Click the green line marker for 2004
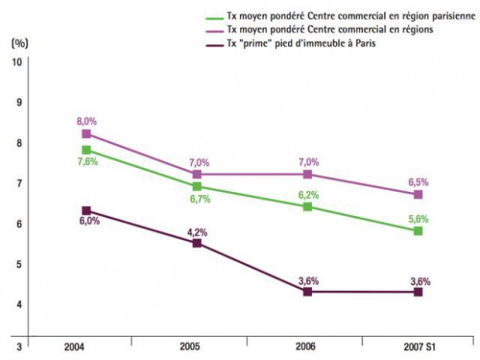pos(86,149)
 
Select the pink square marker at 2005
pos(197,174)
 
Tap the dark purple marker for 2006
pos(307,291)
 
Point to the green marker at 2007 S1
pos(418,231)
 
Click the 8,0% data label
pos(86,122)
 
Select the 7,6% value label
pos(87,162)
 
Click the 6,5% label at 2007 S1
pos(418,182)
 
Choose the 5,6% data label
pos(418,218)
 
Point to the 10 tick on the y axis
pos(16,61)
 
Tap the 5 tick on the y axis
pos(18,264)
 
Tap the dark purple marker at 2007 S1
pos(418,291)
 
